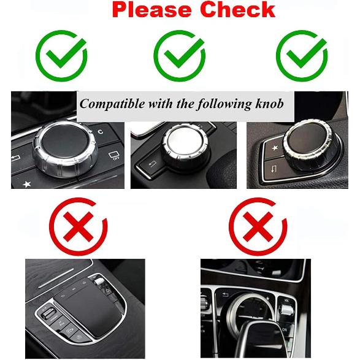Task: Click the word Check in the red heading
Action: (x=236, y=10)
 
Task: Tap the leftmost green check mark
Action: (x=62, y=56)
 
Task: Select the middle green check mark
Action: (x=179, y=56)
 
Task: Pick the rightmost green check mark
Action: (x=301, y=56)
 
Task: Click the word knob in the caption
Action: (x=270, y=104)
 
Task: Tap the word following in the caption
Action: (x=222, y=104)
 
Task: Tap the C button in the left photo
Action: (x=100, y=131)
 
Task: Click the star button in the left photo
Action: (x=26, y=183)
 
